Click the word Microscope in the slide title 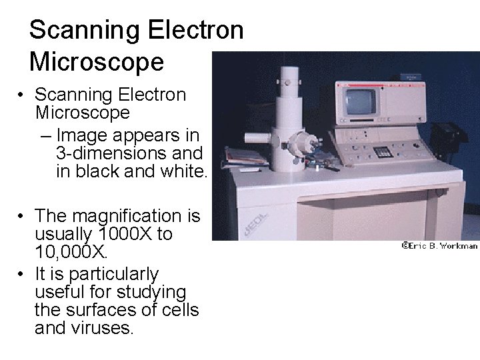(x=97, y=62)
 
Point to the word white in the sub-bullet (x=181, y=171)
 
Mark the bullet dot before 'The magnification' (x=23, y=215)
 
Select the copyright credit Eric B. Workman (x=439, y=245)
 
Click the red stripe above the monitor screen (x=377, y=86)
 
